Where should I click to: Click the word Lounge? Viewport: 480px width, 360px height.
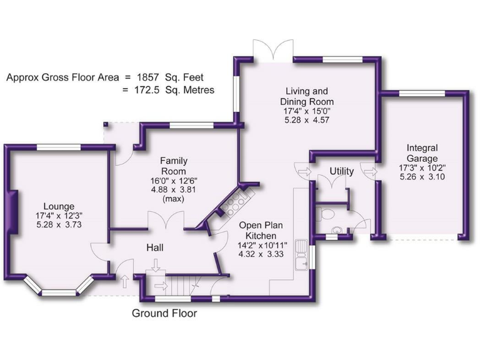(59, 206)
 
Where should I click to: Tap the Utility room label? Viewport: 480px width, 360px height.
(342, 171)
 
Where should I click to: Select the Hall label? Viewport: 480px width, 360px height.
(155, 248)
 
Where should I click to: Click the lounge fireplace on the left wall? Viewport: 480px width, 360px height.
(11, 213)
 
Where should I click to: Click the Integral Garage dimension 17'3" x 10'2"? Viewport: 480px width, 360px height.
(422, 167)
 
